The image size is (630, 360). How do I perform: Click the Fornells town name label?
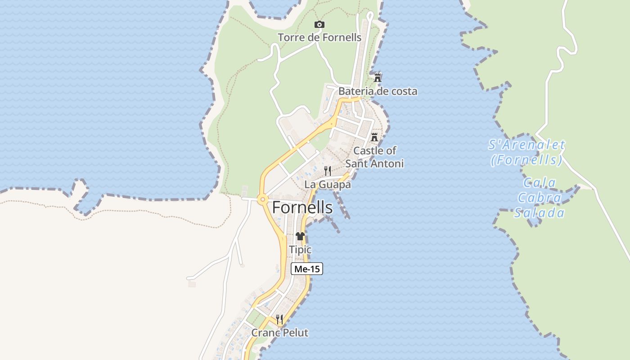[x=302, y=208]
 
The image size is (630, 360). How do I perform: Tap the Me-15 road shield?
[x=307, y=269]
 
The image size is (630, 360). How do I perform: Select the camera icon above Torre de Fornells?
[x=319, y=25]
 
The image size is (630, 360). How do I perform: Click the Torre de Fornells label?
[x=319, y=37]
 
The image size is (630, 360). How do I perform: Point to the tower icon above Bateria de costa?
[x=378, y=77]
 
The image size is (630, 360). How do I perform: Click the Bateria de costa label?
[x=378, y=91]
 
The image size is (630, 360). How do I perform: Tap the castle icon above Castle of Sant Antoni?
[x=374, y=137]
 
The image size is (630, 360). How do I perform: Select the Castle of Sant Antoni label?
[x=374, y=157]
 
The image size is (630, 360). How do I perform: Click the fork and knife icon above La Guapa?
[x=328, y=171]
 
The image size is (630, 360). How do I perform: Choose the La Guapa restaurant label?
[x=328, y=184]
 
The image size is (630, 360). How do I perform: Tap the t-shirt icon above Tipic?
[x=300, y=236]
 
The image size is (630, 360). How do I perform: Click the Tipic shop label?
[x=300, y=250]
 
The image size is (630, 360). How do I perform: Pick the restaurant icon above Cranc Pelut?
[x=279, y=319]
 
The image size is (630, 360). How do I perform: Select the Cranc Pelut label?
[x=279, y=333]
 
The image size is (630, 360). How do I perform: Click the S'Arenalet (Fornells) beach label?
[x=526, y=152]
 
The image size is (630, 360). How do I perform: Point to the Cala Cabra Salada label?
[x=540, y=198]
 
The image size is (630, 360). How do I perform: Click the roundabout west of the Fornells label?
[x=262, y=199]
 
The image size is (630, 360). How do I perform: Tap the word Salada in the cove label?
[x=540, y=213]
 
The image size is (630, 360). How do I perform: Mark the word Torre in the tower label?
[x=291, y=37]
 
